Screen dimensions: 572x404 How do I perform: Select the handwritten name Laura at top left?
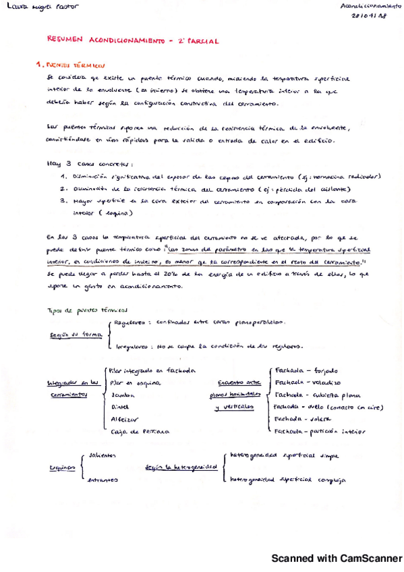13,6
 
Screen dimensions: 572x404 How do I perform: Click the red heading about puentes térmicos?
71,66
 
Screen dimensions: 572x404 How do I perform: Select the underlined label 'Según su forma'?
73,334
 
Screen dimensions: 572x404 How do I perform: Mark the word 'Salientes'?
100,455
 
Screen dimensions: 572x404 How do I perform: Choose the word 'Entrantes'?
103,480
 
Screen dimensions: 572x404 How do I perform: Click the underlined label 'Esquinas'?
63,467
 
